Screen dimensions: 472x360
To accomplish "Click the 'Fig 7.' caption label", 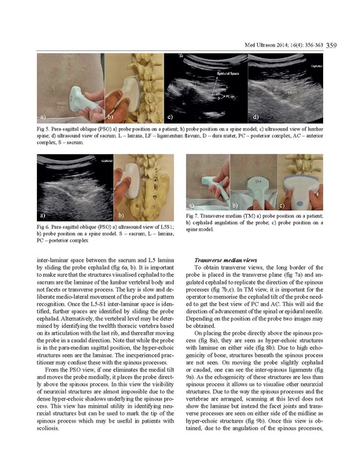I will (193, 215).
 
